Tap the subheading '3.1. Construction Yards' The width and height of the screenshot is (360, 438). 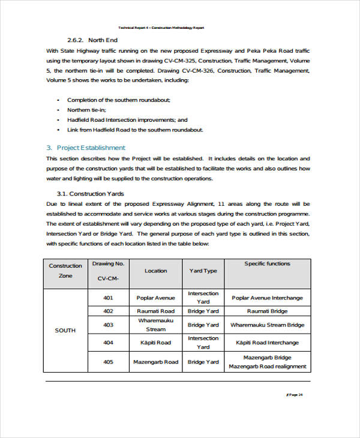point(91,194)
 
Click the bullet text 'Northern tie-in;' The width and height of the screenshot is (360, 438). point(86,110)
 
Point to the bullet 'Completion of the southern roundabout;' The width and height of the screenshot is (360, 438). point(119,100)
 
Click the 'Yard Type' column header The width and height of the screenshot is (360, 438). point(203,271)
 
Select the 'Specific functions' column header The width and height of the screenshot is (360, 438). point(267,263)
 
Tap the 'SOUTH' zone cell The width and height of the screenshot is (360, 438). point(65,330)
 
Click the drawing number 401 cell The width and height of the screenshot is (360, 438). point(108,298)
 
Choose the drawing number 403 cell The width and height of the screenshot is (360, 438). point(108,325)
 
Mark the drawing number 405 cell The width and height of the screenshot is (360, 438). point(108,362)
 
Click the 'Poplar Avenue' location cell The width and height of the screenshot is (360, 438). point(155,298)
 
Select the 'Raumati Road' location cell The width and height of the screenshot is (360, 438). point(155,311)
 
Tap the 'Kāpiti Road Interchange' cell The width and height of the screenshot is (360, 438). point(267,343)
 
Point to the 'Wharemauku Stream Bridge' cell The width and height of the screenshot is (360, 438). point(267,325)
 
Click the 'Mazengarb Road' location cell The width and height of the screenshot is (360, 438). point(155,362)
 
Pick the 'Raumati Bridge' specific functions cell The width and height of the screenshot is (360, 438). point(267,311)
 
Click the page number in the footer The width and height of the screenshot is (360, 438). point(295,394)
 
